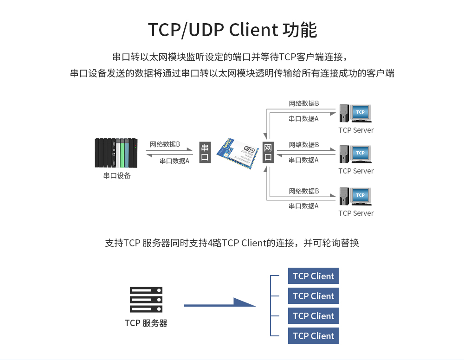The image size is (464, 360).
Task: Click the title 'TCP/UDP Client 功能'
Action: click(232, 30)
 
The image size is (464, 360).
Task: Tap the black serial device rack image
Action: click(116, 153)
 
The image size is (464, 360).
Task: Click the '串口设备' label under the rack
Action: click(117, 176)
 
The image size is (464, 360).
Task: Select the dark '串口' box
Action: click(205, 153)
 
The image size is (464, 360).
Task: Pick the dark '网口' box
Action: click(268, 153)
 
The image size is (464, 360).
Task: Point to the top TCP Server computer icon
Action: click(355, 114)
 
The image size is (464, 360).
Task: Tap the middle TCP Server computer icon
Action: click(355, 154)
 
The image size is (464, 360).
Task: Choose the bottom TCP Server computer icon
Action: click(355, 196)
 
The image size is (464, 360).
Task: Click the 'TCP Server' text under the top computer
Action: click(356, 130)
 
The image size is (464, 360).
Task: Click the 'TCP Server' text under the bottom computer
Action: click(356, 213)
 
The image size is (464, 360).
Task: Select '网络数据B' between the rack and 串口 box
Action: click(165, 144)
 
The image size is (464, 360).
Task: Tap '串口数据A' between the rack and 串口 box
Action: click(174, 161)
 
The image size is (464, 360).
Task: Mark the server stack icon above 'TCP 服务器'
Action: click(146, 300)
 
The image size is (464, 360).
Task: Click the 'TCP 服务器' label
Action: click(146, 323)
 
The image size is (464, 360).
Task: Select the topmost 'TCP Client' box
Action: click(313, 276)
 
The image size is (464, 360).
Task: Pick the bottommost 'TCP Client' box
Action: click(313, 336)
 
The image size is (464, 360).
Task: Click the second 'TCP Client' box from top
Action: click(313, 296)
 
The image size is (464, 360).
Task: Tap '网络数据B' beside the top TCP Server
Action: click(304, 103)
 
